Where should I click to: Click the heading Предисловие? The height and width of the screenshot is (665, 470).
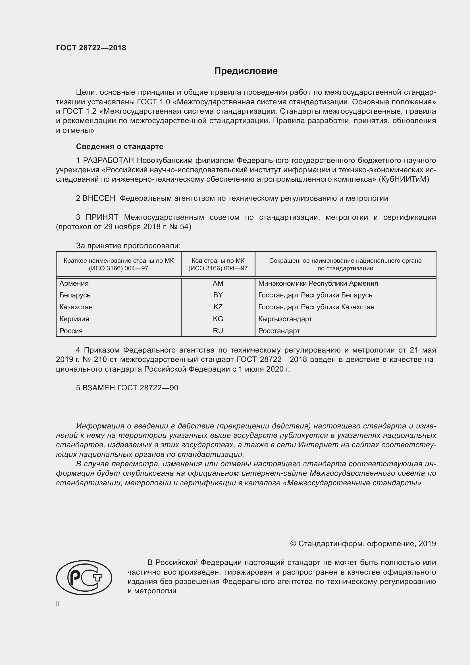point(246,71)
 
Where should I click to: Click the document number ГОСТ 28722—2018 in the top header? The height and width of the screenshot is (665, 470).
point(91,48)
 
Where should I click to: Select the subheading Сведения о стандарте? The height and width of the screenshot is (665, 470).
point(120,146)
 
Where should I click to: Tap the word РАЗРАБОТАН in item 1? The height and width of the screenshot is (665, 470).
point(109,160)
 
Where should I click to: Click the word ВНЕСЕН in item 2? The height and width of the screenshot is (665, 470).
point(99,198)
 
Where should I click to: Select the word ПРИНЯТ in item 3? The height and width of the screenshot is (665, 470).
point(102,217)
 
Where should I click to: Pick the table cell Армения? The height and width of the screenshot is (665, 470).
point(74,283)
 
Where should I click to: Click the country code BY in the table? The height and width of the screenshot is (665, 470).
point(218,295)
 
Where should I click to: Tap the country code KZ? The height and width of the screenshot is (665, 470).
point(218,307)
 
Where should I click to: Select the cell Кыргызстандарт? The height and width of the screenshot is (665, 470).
point(285,319)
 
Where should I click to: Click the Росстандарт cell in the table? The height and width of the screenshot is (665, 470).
point(279,331)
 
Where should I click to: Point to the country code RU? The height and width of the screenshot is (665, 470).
point(218,331)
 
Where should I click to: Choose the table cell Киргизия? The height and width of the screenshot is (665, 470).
point(74,319)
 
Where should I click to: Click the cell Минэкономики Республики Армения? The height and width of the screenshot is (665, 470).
point(318,283)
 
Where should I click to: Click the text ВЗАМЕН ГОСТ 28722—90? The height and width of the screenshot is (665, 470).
point(127,388)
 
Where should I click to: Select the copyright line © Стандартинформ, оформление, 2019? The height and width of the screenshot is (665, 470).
point(363,544)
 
